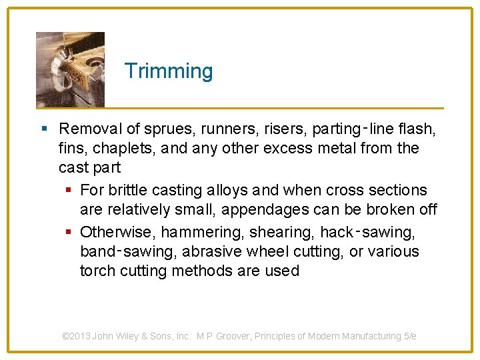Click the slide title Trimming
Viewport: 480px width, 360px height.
pyautogui.click(x=169, y=71)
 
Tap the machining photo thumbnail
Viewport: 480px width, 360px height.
pyautogui.click(x=70, y=69)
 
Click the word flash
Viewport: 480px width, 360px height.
pyautogui.click(x=419, y=128)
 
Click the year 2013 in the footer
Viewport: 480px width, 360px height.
pyautogui.click(x=81, y=336)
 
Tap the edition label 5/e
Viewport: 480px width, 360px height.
pyautogui.click(x=410, y=336)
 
